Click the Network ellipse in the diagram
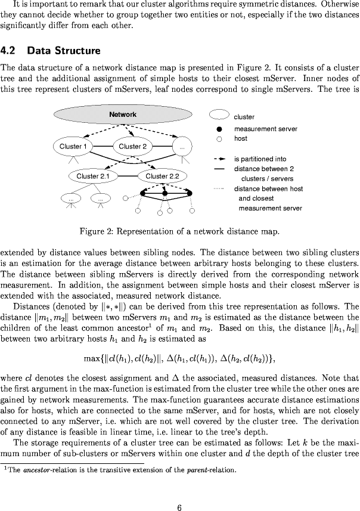122,114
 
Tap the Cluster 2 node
132,146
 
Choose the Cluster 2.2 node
162,176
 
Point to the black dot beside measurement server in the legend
219,129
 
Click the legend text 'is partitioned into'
260,159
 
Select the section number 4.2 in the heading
10,49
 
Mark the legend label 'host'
240,138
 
